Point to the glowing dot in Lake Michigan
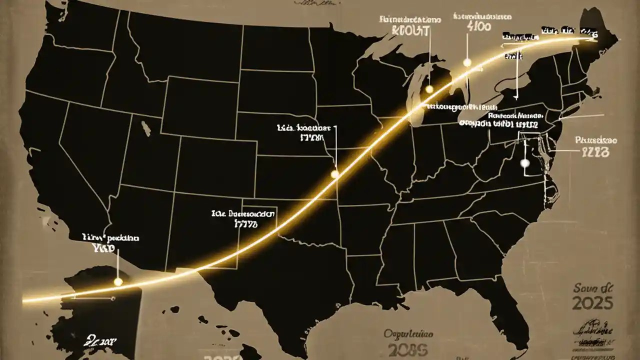coord(428,89)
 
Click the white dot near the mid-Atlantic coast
coord(524,163)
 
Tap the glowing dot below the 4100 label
coord(467,62)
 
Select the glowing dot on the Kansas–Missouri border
coord(335,174)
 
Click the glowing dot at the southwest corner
coord(118,282)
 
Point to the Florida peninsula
coord(515,310)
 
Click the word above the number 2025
coord(594,288)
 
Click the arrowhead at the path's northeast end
coord(590,38)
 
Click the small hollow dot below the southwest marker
coord(113,298)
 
